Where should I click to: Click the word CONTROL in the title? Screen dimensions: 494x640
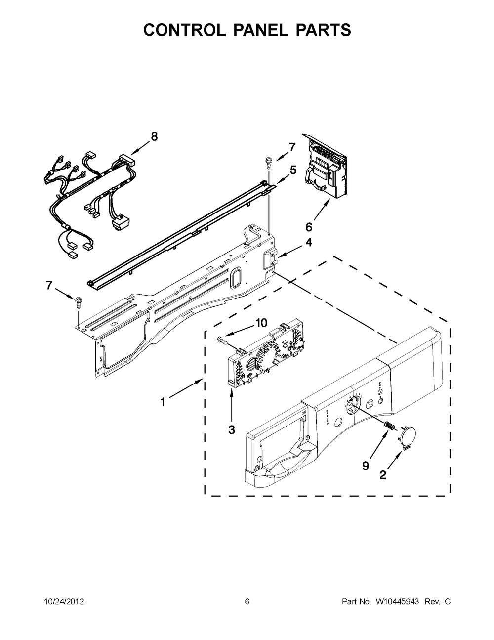(182, 30)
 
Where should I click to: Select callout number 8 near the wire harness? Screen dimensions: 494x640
(154, 136)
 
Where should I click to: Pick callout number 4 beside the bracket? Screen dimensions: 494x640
(308, 243)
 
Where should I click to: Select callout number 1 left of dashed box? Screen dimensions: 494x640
(163, 402)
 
